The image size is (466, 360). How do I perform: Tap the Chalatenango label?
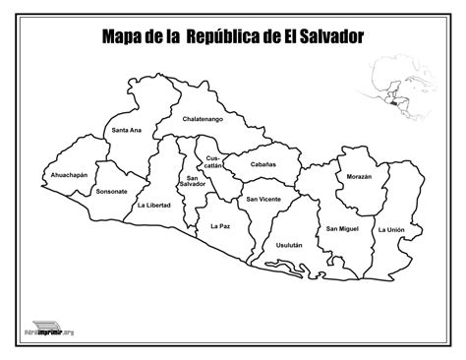pyautogui.click(x=204, y=118)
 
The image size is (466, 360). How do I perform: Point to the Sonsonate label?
pyautogui.click(x=112, y=190)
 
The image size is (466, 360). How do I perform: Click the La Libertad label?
pyautogui.click(x=153, y=206)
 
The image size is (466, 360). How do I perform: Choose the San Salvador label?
pyautogui.click(x=192, y=180)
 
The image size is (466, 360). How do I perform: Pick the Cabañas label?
pyautogui.click(x=262, y=164)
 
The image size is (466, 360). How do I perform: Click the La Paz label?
pyautogui.click(x=220, y=226)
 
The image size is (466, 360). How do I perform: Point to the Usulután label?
pyautogui.click(x=289, y=243)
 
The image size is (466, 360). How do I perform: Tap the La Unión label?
pyautogui.click(x=390, y=229)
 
